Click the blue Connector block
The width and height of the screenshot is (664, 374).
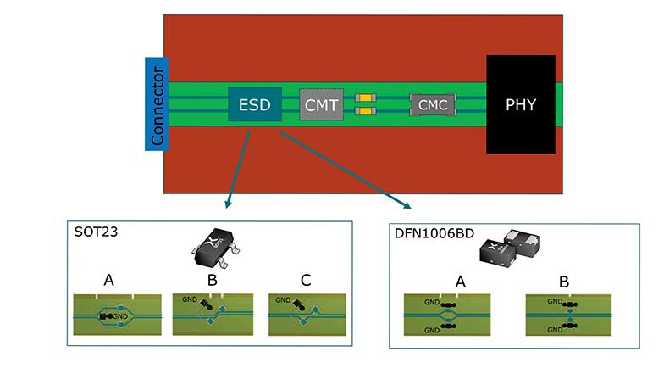click(x=157, y=103)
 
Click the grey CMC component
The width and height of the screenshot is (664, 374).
click(x=433, y=105)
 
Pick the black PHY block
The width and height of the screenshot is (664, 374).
click(x=520, y=104)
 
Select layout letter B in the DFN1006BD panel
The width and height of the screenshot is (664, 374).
click(x=562, y=279)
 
